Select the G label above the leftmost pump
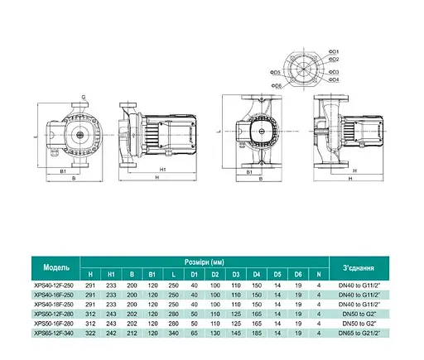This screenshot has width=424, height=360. point(84,98)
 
